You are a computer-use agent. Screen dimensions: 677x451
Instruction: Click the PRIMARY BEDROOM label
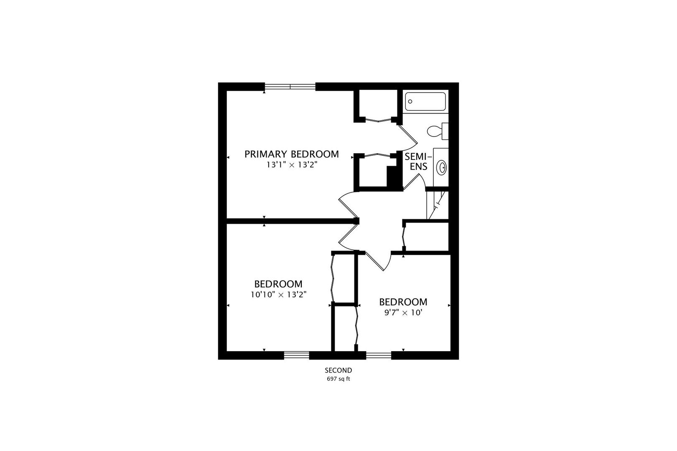291,154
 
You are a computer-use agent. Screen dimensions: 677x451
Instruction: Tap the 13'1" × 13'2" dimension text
292,165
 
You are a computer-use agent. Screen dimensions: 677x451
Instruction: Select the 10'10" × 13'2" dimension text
278,294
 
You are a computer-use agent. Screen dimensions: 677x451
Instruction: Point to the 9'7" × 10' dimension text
403,313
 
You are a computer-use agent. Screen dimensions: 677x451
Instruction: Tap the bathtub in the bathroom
425,101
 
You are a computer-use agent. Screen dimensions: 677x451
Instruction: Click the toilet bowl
434,132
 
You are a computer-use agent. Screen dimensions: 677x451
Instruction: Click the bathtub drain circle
410,101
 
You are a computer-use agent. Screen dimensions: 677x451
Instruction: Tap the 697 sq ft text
338,379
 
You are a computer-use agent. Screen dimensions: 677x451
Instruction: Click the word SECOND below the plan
338,370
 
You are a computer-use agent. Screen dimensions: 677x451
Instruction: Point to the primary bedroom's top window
290,87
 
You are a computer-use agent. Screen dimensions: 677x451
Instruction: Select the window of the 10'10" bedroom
296,355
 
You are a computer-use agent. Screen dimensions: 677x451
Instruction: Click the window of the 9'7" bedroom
379,355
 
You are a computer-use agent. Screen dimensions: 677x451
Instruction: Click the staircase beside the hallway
437,205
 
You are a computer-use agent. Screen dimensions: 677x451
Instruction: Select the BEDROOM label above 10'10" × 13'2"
278,284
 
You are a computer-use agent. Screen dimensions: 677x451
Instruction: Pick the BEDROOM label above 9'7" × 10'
403,302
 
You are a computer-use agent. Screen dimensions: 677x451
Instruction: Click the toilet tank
445,131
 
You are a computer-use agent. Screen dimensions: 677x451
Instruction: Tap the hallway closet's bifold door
403,236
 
